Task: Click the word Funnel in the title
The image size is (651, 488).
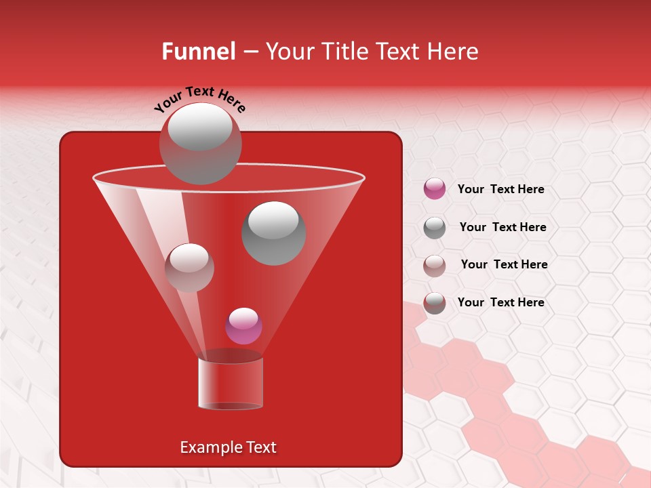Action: coord(198,52)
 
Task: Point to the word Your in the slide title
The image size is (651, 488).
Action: coord(290,52)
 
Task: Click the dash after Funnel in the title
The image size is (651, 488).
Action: coord(250,52)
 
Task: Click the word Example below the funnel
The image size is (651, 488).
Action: coord(211,447)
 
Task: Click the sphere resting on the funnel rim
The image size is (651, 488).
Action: coord(201,143)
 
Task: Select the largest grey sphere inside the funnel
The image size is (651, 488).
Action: coord(273,232)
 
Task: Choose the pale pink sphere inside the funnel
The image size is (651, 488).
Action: coord(189,267)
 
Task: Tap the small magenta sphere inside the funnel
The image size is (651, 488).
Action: coord(243,325)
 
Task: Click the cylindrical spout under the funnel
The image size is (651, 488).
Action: coord(231,383)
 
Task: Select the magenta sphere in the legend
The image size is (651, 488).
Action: coord(435,189)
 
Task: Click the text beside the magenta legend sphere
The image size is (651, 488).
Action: coord(500,190)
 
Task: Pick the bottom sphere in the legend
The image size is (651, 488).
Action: coord(435,303)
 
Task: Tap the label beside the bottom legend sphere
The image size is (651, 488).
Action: coord(500,302)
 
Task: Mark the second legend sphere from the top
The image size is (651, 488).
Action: coord(435,228)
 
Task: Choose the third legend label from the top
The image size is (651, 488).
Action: coord(504,264)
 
